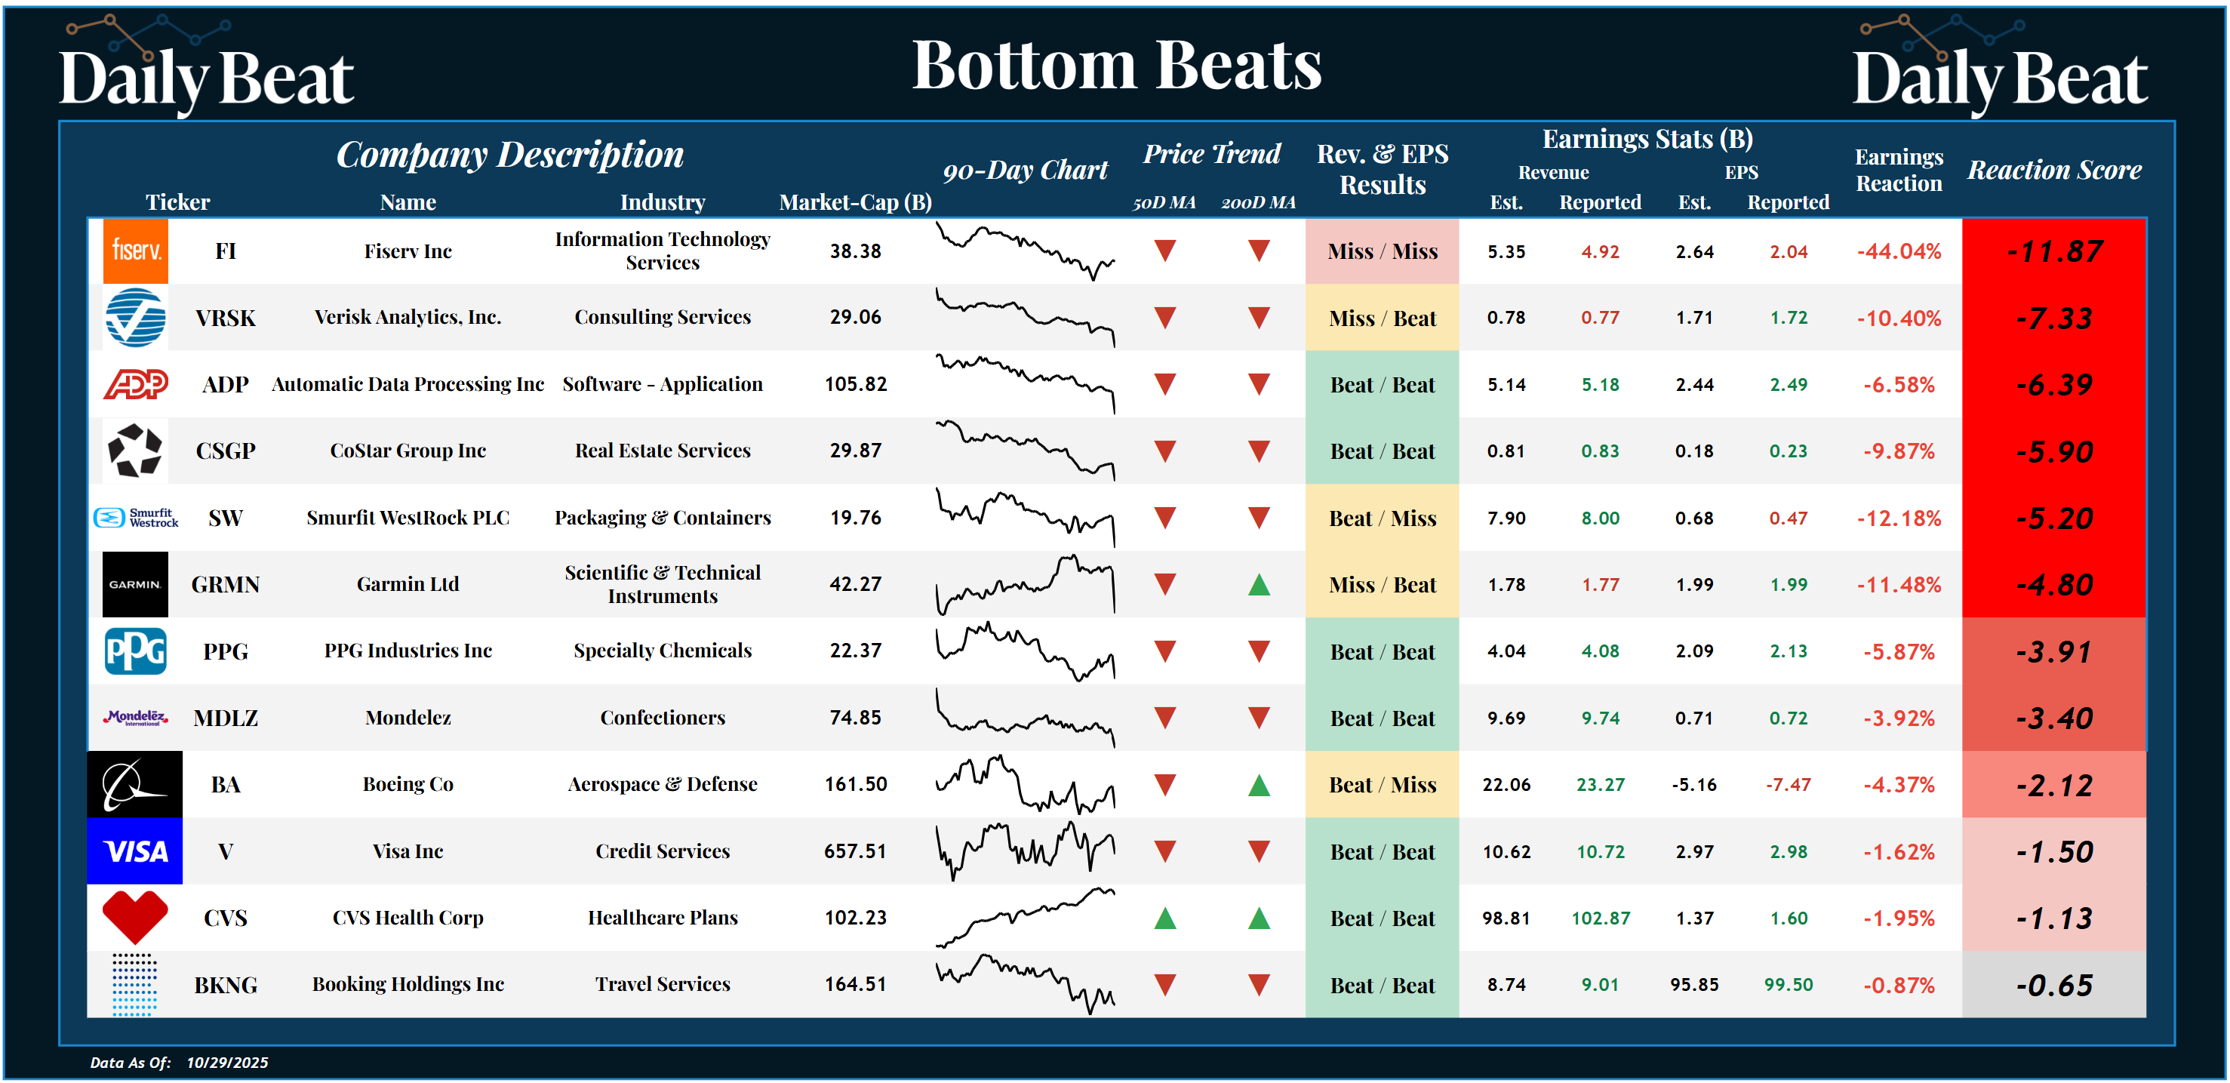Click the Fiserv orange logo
[x=135, y=251]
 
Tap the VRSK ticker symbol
[x=225, y=318]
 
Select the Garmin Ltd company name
[x=408, y=584]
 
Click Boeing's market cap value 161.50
[x=855, y=784]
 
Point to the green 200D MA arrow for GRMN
[x=1259, y=585]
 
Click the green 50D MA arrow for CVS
[x=1165, y=918]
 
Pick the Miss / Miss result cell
[x=1382, y=251]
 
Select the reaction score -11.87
[x=2053, y=251]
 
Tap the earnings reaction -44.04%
[x=1899, y=251]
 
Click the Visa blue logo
[x=135, y=851]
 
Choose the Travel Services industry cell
[x=663, y=984]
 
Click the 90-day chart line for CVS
[x=1025, y=918]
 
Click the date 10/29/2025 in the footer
[x=227, y=1062]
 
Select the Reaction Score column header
[x=2054, y=170]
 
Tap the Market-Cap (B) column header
[x=855, y=202]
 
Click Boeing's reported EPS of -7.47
[x=1788, y=784]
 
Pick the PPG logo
[x=135, y=651]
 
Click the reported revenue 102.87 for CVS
[x=1600, y=918]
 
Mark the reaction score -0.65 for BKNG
[x=2053, y=985]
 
